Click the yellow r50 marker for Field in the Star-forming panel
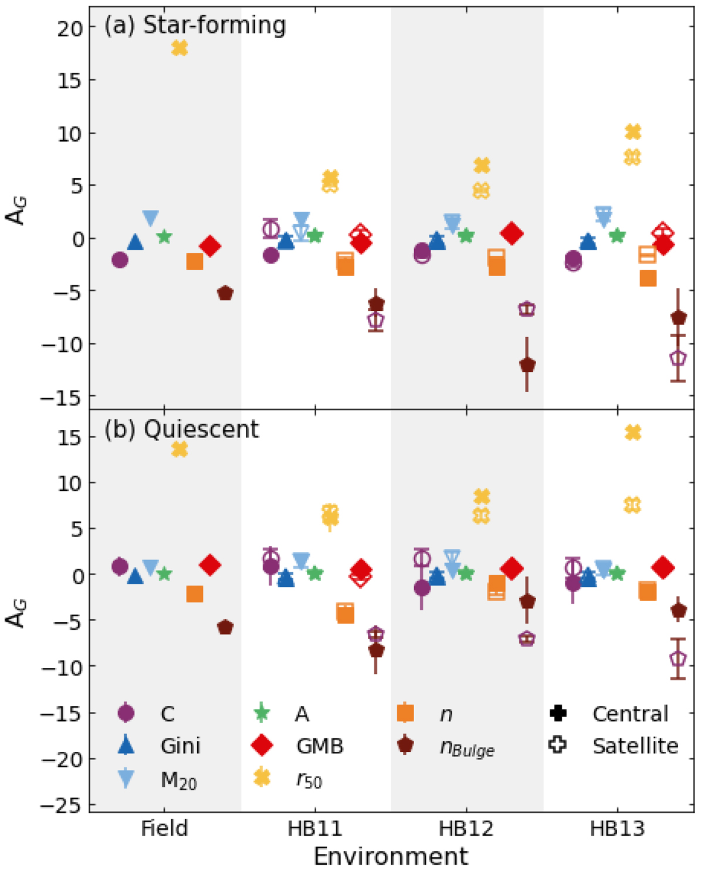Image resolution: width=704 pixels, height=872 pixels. click(180, 48)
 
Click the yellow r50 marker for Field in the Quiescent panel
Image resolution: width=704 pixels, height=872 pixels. click(180, 450)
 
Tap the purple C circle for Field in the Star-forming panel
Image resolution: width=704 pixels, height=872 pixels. click(120, 260)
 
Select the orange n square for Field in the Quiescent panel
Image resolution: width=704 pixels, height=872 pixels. click(195, 594)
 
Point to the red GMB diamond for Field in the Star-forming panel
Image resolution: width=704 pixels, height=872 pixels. click(210, 246)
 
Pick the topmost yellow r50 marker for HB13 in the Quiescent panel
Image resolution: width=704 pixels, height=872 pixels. click(633, 433)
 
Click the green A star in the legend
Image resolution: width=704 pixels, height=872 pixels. click(262, 713)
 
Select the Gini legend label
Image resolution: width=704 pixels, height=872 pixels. click(181, 746)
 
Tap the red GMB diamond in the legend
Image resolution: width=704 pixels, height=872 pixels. click(262, 746)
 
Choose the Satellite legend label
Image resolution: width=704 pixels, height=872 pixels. click(635, 746)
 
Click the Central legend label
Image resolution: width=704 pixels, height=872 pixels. click(631, 714)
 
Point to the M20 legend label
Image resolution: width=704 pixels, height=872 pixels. click(178, 780)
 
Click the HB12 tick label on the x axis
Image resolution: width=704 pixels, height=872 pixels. click(466, 829)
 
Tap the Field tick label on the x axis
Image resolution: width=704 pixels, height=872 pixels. click(164, 829)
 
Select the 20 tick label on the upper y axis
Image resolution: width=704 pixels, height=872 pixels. click(69, 28)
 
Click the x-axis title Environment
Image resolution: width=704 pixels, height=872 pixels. click(391, 857)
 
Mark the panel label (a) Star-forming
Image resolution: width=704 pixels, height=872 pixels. click(195, 26)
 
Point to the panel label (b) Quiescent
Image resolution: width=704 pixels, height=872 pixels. click(181, 429)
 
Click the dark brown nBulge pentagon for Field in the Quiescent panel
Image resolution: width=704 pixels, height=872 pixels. click(225, 627)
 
